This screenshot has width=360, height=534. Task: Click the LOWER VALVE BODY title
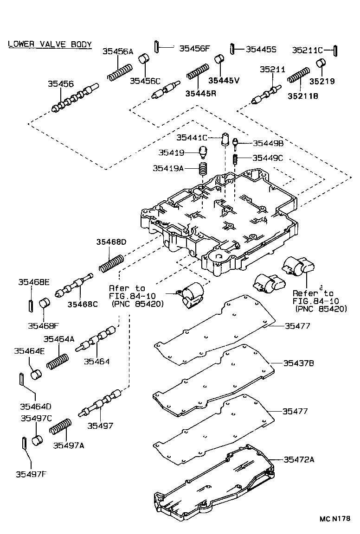pyautogui.click(x=50, y=44)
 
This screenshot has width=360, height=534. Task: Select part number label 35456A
pyautogui.click(x=118, y=52)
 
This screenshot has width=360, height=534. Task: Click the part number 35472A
pyautogui.click(x=299, y=459)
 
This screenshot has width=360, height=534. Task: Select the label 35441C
pyautogui.click(x=191, y=137)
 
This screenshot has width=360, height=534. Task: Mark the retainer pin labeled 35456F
pyautogui.click(x=157, y=47)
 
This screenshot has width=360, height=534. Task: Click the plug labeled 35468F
pyautogui.click(x=44, y=304)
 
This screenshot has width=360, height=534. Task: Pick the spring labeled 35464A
pyautogui.click(x=58, y=360)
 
